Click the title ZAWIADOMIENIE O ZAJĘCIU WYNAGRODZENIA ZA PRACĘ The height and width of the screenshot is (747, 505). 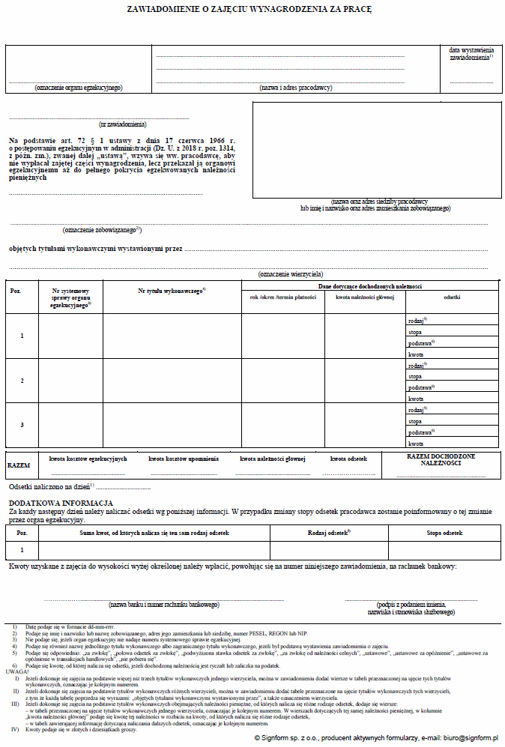[253, 11]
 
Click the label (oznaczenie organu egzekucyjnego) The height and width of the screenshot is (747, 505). [78, 88]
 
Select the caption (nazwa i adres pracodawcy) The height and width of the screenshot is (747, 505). [295, 88]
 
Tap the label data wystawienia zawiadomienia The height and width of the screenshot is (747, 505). [471, 54]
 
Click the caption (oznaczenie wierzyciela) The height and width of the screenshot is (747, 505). [289, 275]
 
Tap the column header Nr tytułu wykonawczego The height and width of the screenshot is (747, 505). [172, 290]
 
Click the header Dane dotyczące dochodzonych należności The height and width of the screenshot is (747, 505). [370, 286]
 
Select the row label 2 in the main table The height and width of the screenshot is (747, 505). [22, 381]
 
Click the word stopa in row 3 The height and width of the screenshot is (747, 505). [414, 422]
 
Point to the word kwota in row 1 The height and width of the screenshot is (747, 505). [415, 354]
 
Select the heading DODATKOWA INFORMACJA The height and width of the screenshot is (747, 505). [61, 502]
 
